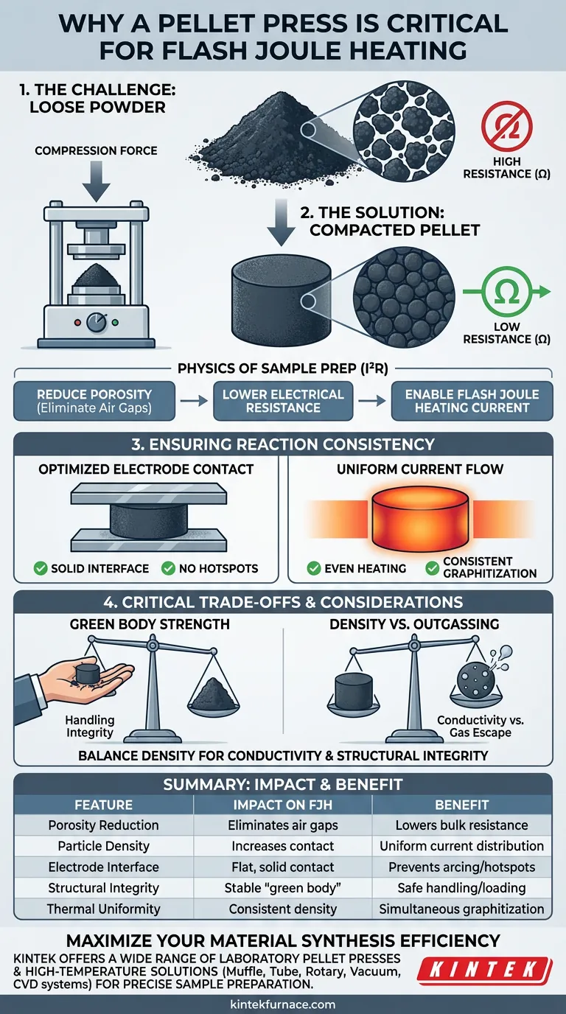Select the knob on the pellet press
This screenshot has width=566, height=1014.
click(x=95, y=323)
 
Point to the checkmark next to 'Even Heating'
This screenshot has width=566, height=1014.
click(x=314, y=568)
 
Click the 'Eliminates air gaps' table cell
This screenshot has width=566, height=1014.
click(x=282, y=825)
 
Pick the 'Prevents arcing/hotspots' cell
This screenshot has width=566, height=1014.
click(x=461, y=867)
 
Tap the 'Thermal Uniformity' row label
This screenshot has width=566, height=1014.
click(x=103, y=909)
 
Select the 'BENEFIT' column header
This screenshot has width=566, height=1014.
click(x=461, y=805)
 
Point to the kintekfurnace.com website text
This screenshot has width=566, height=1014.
click(x=282, y=1004)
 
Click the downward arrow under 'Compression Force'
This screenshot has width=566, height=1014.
click(x=96, y=180)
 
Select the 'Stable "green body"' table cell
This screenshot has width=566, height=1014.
click(x=282, y=888)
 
